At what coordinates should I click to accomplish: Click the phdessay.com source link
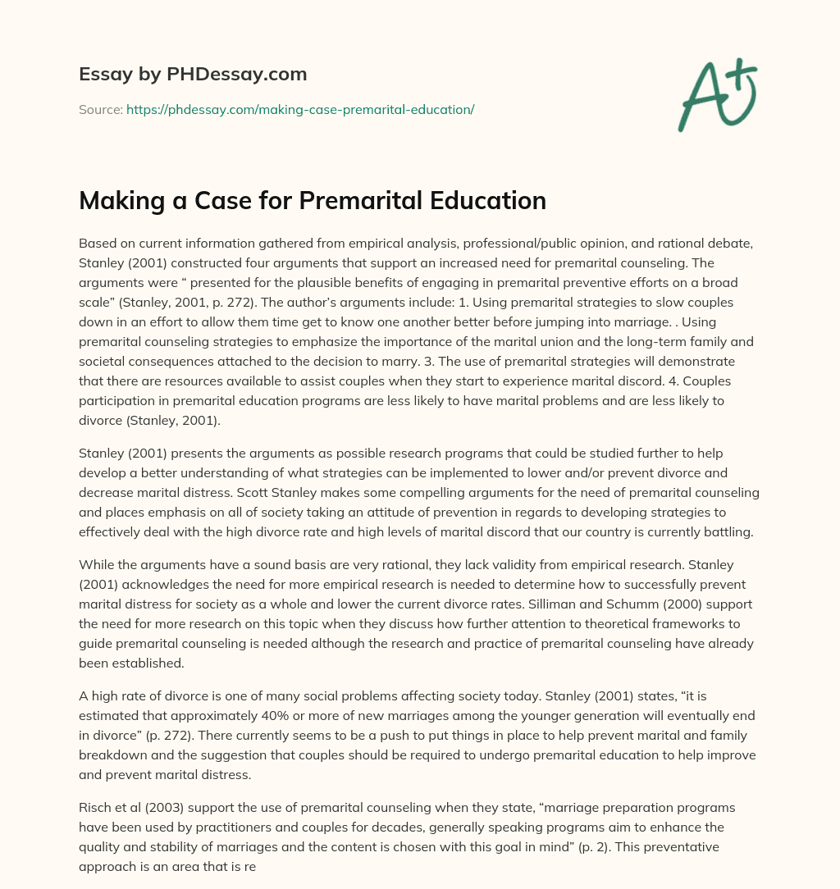pyautogui.click(x=300, y=109)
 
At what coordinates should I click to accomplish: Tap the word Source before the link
pyautogui.click(x=100, y=109)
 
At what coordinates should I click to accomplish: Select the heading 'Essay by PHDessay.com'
pyautogui.click(x=193, y=74)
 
